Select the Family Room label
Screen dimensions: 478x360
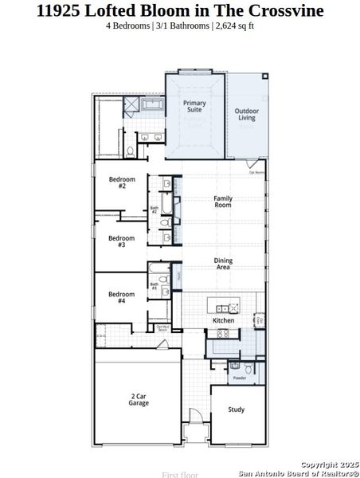pos(222,201)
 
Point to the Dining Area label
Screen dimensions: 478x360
pos(222,264)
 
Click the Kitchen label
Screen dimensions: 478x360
pos(223,320)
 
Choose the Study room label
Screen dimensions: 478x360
pos(236,409)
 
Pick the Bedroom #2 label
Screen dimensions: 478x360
pos(122,182)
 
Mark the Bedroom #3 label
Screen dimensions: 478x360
pos(122,241)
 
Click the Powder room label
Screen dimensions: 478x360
pos(238,377)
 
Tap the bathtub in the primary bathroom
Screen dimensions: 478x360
pos(151,104)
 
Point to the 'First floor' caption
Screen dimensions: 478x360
pos(179,474)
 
